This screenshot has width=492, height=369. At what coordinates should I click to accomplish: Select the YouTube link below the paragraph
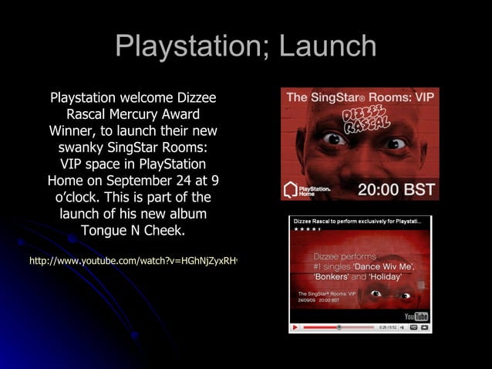pyautogui.click(x=133, y=262)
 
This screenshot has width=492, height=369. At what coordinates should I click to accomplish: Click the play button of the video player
pyautogui.click(x=295, y=327)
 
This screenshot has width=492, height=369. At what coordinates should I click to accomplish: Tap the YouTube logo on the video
pyautogui.click(x=416, y=317)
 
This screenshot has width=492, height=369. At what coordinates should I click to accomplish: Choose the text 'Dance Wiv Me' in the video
pyautogui.click(x=384, y=266)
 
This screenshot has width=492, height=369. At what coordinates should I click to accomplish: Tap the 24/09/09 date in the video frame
pyautogui.click(x=307, y=300)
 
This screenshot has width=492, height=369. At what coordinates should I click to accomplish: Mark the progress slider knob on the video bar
pyautogui.click(x=339, y=327)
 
